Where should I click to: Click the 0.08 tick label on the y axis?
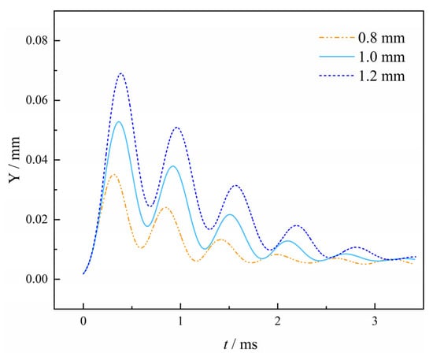pyautogui.click(x=37, y=40)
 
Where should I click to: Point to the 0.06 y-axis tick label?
pyautogui.click(x=37, y=100)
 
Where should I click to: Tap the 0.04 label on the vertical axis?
pyautogui.click(x=37, y=160)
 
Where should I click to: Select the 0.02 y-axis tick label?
pyautogui.click(x=37, y=220)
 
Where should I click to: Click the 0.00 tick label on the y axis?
pyautogui.click(x=37, y=280)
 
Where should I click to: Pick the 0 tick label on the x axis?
pyautogui.click(x=83, y=321)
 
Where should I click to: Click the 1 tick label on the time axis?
pyautogui.click(x=180, y=321)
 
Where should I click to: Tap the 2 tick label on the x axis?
pyautogui.click(x=278, y=321)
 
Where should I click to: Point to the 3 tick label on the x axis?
pyautogui.click(x=375, y=321)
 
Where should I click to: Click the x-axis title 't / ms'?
pyautogui.click(x=240, y=344)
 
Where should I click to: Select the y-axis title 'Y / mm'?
pyautogui.click(x=14, y=160)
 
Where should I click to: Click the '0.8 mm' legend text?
pyautogui.click(x=381, y=38)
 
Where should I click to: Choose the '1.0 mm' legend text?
pyautogui.click(x=381, y=57)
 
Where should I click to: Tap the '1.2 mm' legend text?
pyautogui.click(x=381, y=76)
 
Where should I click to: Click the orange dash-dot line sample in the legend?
pyautogui.click(x=337, y=37)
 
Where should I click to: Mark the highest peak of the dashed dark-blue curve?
pyautogui.click(x=121, y=73)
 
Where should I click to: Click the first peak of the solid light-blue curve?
pyautogui.click(x=119, y=121)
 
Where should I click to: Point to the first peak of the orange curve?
pyautogui.click(x=113, y=174)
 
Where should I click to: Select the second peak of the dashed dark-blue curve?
pyautogui.click(x=176, y=128)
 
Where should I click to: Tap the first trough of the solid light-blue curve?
pyautogui.click(x=147, y=226)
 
